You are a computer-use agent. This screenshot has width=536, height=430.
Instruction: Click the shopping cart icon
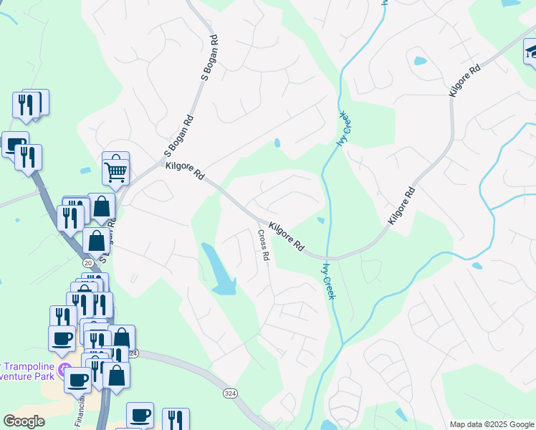click(115, 171)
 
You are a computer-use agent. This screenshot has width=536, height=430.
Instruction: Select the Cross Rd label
click(264, 244)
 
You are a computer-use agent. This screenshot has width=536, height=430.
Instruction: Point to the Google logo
click(24, 421)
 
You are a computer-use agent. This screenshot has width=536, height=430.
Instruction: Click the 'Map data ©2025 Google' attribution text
click(492, 424)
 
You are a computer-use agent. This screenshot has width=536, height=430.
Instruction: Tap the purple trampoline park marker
click(63, 370)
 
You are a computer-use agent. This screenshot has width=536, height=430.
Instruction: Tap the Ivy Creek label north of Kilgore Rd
click(345, 128)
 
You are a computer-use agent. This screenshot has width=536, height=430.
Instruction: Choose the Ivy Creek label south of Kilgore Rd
click(329, 280)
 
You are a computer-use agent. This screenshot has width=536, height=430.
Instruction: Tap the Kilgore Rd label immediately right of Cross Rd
click(291, 236)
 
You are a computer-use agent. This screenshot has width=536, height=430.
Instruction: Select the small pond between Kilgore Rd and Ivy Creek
click(320, 220)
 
